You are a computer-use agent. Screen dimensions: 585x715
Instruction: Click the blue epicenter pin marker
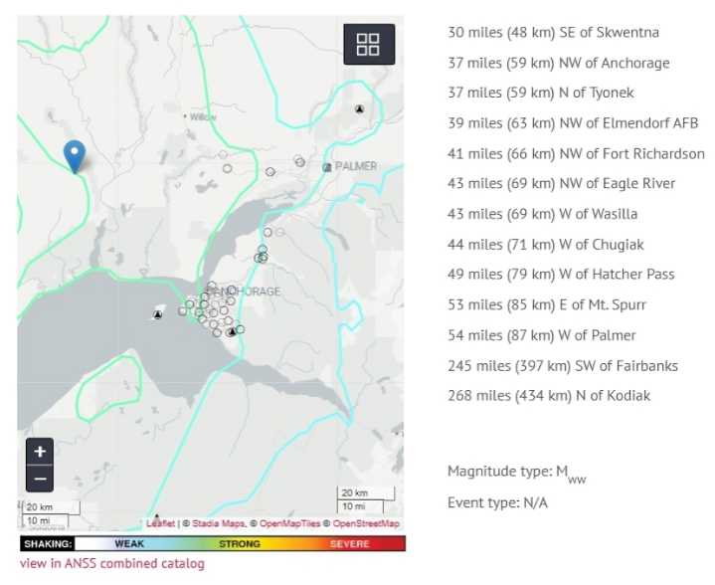pos(74,156)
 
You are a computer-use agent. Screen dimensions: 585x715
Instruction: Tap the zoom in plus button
pos(39,451)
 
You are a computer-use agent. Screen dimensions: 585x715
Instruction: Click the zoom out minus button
pos(39,479)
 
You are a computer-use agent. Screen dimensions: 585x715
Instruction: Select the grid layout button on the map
pos(368,45)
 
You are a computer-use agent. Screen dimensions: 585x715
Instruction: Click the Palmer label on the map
pos(356,166)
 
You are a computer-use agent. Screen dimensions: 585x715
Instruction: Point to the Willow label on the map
pos(203,116)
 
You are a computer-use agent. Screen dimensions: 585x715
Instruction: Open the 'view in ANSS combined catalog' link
pos(111,564)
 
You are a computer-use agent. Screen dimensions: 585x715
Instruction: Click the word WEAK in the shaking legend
pos(129,544)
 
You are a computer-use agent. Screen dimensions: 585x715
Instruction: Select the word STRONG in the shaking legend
pos(239,544)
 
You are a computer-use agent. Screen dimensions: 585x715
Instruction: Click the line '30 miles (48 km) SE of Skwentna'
pos(553,33)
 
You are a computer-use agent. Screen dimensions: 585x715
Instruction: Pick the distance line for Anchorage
pos(558,64)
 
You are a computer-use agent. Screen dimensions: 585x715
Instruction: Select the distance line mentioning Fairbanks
pos(562,366)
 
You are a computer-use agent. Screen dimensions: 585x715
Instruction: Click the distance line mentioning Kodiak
pos(549,396)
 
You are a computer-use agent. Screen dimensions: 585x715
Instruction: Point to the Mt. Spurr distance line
pos(553,305)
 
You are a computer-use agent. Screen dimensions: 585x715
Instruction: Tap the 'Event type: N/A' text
pos(497,503)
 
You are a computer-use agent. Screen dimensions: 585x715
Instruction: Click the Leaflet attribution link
pos(161,523)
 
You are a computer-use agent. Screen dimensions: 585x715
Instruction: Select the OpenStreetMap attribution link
pos(366,523)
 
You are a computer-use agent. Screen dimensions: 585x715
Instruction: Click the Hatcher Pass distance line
pos(561,275)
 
